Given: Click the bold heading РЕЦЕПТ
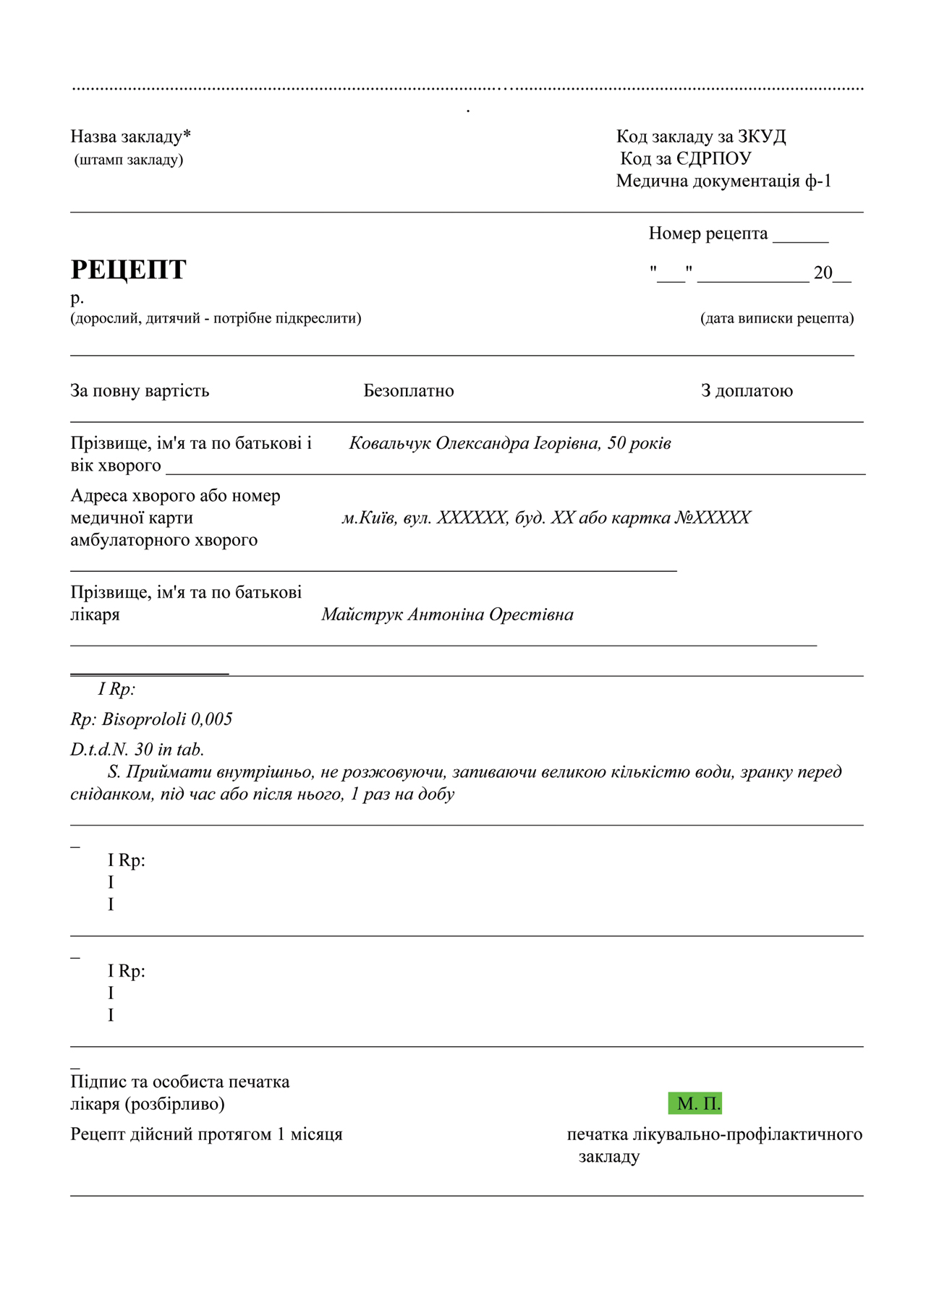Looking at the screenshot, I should (x=128, y=270).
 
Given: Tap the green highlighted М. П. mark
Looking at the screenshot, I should (x=695, y=1104).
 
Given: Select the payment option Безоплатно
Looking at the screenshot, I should (x=409, y=391).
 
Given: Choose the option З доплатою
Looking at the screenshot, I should (x=747, y=391).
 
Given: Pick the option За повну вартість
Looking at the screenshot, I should (x=140, y=391).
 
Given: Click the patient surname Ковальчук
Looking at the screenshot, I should (x=389, y=443).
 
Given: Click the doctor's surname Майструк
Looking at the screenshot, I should (x=362, y=615).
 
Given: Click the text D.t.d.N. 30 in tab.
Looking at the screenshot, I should (x=137, y=750).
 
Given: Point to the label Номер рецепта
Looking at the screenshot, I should (x=708, y=234).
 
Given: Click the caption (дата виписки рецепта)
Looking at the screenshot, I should (x=777, y=319).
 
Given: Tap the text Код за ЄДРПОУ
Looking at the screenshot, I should (x=686, y=159).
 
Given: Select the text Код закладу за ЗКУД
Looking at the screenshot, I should (x=701, y=137).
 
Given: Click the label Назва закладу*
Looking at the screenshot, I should (x=131, y=137).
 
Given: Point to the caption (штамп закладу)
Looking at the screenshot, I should (x=129, y=160).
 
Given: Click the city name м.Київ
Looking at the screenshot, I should (x=369, y=518).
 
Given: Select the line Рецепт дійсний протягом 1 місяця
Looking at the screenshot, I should (x=206, y=1134).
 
